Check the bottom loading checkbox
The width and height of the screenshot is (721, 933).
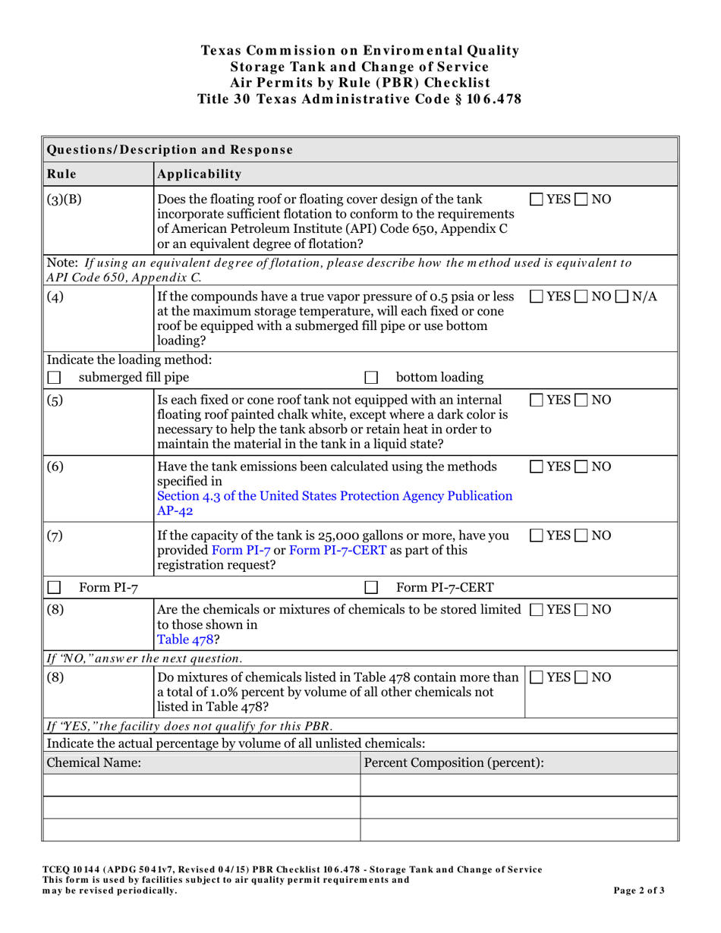(371, 377)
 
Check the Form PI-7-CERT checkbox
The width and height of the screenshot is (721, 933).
(371, 586)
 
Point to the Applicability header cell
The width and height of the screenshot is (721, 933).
(200, 174)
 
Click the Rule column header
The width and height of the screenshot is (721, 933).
(61, 174)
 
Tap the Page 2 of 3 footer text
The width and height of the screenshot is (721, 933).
(639, 891)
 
